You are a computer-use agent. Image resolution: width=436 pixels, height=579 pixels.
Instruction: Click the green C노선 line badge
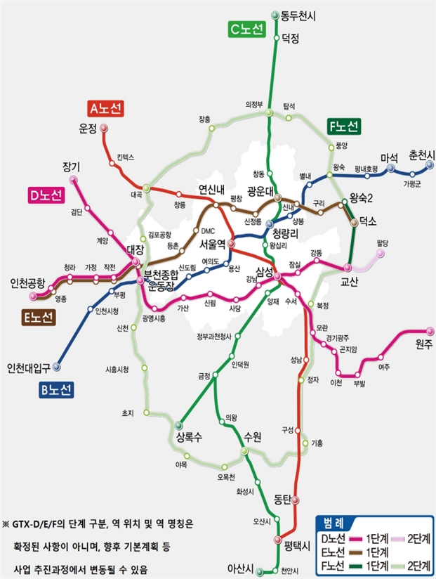(x=246, y=30)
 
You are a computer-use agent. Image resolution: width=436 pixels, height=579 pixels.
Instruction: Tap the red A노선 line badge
(x=106, y=108)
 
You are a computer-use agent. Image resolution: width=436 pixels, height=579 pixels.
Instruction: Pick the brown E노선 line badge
(x=37, y=318)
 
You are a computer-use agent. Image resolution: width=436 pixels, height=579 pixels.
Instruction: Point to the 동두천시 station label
(x=299, y=14)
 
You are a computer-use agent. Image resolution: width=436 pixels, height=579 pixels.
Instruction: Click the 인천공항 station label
(x=28, y=283)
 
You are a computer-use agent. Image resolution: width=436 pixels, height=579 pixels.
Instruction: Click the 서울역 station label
(x=212, y=244)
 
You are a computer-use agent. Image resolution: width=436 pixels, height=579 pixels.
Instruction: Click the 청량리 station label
(x=286, y=233)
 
